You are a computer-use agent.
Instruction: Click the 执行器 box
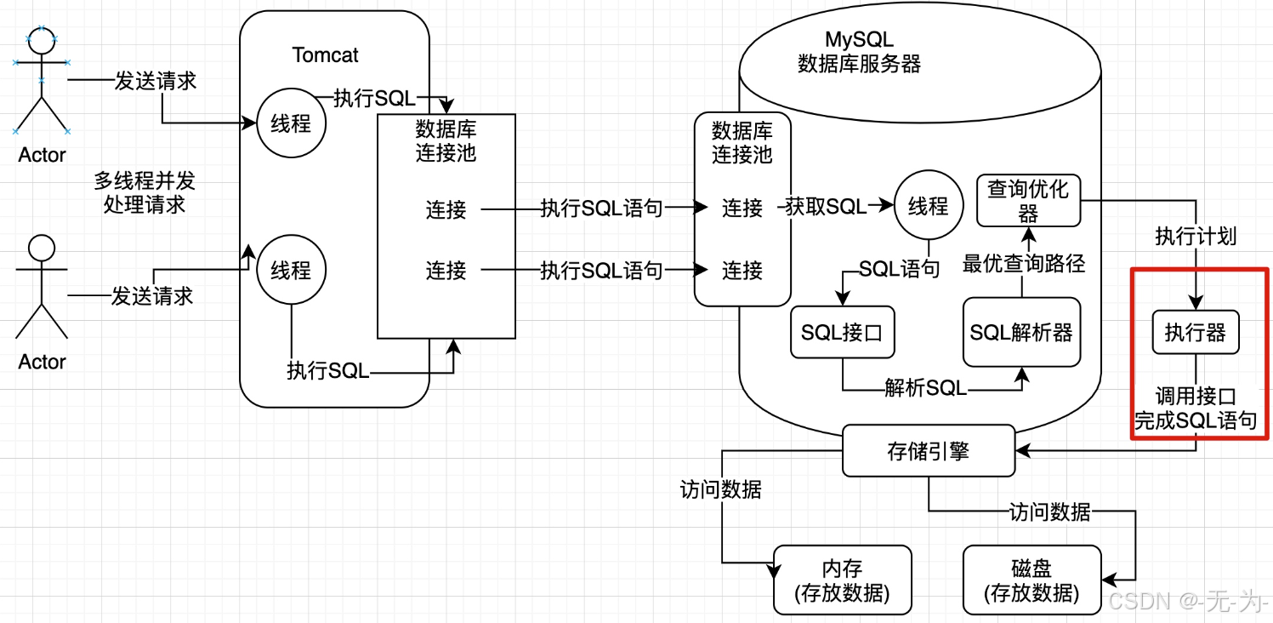tap(1195, 333)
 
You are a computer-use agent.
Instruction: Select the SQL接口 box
tap(842, 332)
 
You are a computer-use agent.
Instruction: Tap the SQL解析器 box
tap(1021, 332)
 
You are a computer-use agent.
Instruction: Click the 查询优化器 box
tap(1027, 201)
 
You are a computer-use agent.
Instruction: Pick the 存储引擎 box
tap(928, 450)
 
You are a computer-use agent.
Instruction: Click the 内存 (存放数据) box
tap(842, 580)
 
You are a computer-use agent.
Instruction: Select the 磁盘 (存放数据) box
tap(1031, 580)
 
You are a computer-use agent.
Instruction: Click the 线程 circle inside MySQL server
tap(928, 206)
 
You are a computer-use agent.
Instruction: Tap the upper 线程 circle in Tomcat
tap(291, 124)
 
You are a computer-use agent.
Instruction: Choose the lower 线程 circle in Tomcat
tap(291, 271)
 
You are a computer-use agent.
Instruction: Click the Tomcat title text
tap(325, 55)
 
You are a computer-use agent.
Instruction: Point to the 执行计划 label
tap(1195, 236)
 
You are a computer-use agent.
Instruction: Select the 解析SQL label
tap(925, 388)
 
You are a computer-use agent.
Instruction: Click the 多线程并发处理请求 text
tap(145, 192)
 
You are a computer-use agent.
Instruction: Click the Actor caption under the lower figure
tap(43, 362)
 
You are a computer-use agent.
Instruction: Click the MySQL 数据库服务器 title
tap(859, 52)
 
